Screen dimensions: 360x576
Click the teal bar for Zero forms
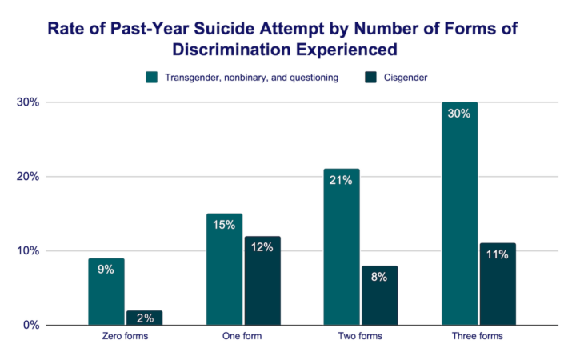pos(106,292)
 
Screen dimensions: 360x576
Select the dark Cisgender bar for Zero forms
pos(144,318)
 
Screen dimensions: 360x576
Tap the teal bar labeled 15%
pos(223,270)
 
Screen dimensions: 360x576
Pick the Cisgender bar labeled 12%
pos(262,281)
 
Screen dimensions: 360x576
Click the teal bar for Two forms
pos(341,247)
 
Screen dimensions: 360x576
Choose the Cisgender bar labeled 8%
pos(379,295)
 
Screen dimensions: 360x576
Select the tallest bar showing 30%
pos(458,214)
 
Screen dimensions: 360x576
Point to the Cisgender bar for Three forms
pos(497,284)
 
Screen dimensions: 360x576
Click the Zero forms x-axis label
pos(125,337)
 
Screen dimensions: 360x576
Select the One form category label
pos(242,337)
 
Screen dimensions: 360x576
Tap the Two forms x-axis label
pos(360,337)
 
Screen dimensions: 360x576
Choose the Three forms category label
pos(478,337)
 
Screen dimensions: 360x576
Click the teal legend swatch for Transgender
pos(151,78)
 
